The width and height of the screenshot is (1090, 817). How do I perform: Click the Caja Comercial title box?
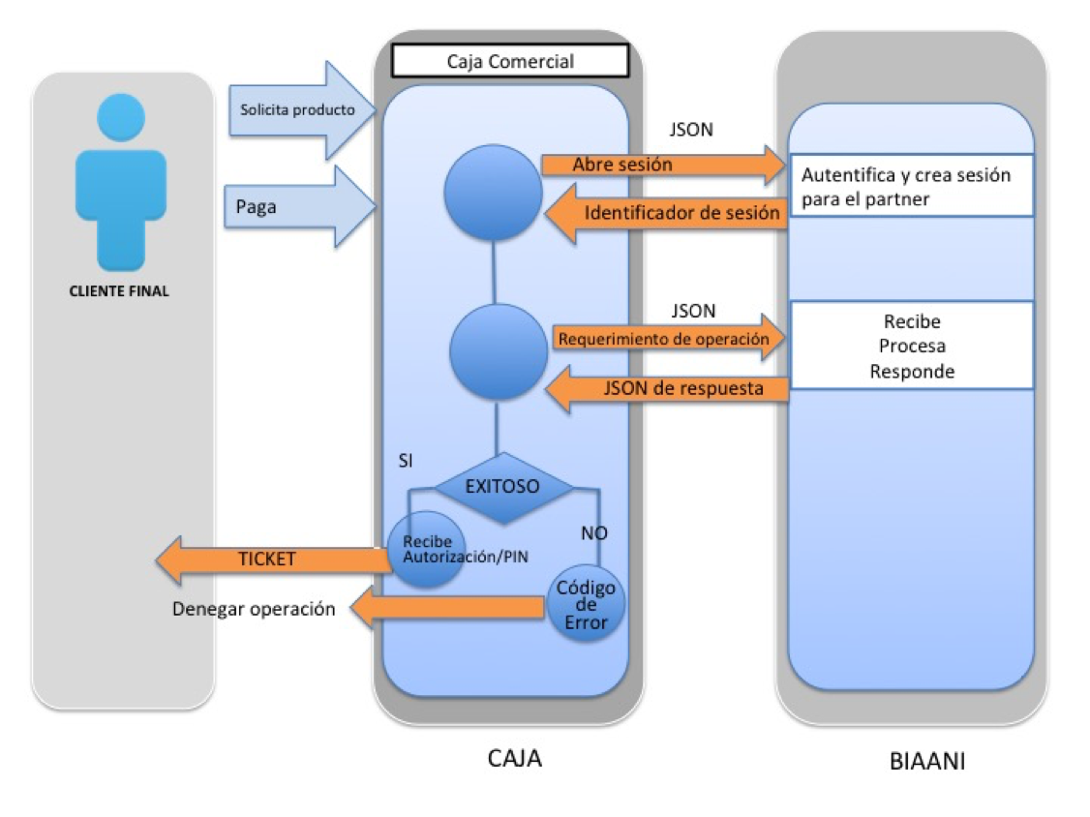coord(509,61)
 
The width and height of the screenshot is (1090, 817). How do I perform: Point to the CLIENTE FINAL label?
coord(119,290)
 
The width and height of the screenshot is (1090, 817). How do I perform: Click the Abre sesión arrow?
coord(658,165)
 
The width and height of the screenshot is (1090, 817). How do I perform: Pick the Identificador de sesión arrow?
coord(668,213)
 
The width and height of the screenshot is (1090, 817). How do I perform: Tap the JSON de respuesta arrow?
coord(668,389)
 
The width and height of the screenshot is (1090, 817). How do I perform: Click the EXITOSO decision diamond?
coord(502,487)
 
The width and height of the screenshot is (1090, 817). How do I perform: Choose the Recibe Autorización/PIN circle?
coord(427,549)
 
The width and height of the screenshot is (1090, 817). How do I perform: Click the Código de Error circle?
coord(586,606)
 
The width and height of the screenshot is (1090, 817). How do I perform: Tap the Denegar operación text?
coord(254,609)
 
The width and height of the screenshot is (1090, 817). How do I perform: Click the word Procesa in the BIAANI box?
coord(911,347)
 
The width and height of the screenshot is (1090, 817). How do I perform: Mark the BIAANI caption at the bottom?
coord(926,761)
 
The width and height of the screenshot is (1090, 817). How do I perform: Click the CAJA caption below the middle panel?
coord(513,758)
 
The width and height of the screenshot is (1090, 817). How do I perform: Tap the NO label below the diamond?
coord(593,532)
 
